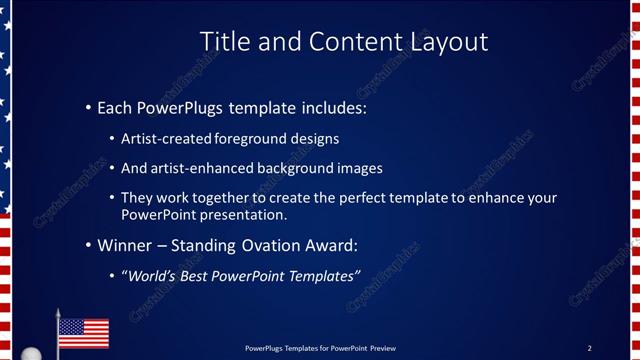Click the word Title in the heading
(x=225, y=41)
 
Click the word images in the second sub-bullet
(x=361, y=168)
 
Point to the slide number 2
(x=589, y=348)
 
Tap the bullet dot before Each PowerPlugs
(x=88, y=106)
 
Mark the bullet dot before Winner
(x=88, y=245)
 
